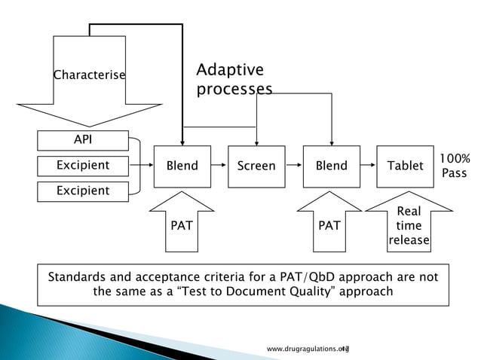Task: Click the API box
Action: tap(83, 139)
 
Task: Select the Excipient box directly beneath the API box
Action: tap(83, 165)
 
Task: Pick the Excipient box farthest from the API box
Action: tap(83, 191)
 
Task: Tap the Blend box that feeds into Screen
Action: tap(182, 166)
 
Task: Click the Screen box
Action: tap(256, 166)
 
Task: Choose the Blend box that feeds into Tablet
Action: tap(331, 166)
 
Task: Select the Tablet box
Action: tap(405, 166)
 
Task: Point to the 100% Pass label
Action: tap(455, 166)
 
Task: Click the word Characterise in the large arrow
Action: tap(89, 75)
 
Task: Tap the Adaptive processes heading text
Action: tap(234, 80)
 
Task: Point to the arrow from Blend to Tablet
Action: tap(368, 166)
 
